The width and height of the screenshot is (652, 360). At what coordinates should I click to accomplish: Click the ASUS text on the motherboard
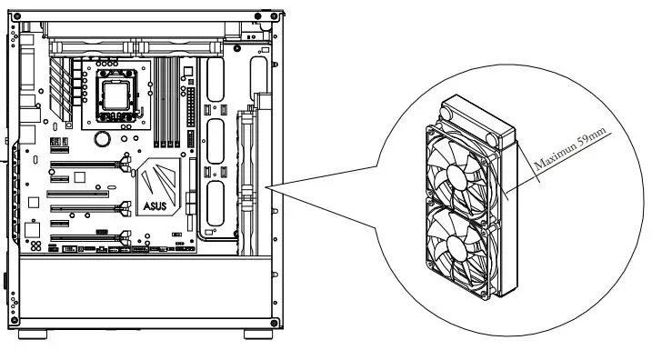(155, 205)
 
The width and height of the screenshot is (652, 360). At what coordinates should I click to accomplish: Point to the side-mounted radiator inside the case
(248, 177)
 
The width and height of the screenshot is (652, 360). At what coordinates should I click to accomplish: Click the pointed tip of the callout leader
(267, 190)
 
